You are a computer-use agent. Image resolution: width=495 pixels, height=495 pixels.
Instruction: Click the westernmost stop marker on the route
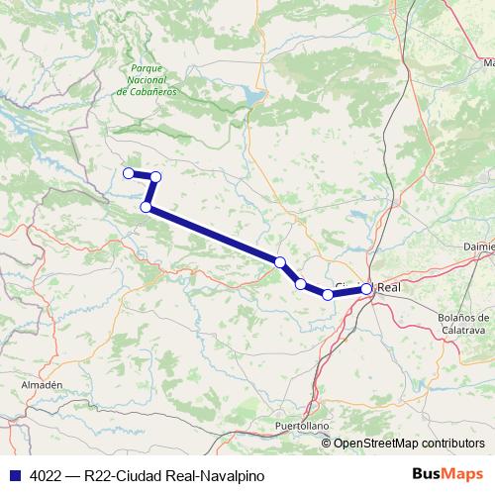coord(128,173)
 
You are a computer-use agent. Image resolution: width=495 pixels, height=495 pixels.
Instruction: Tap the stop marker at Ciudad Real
coord(366,289)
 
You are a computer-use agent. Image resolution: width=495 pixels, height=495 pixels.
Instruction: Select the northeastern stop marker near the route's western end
coord(155,176)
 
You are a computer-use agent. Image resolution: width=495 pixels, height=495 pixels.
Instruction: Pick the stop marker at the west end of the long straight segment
coord(147,207)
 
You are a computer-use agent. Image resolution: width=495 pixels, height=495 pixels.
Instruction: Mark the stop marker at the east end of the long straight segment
coord(280,262)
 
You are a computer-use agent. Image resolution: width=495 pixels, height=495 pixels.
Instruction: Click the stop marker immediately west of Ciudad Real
coord(328,294)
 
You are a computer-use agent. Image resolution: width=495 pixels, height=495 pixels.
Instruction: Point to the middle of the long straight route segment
coord(213,235)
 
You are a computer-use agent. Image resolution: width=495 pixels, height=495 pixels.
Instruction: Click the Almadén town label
coord(42,384)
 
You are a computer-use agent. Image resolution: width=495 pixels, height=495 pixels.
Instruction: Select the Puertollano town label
coord(301,426)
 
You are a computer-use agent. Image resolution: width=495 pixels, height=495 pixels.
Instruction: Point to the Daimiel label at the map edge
coord(478,244)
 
